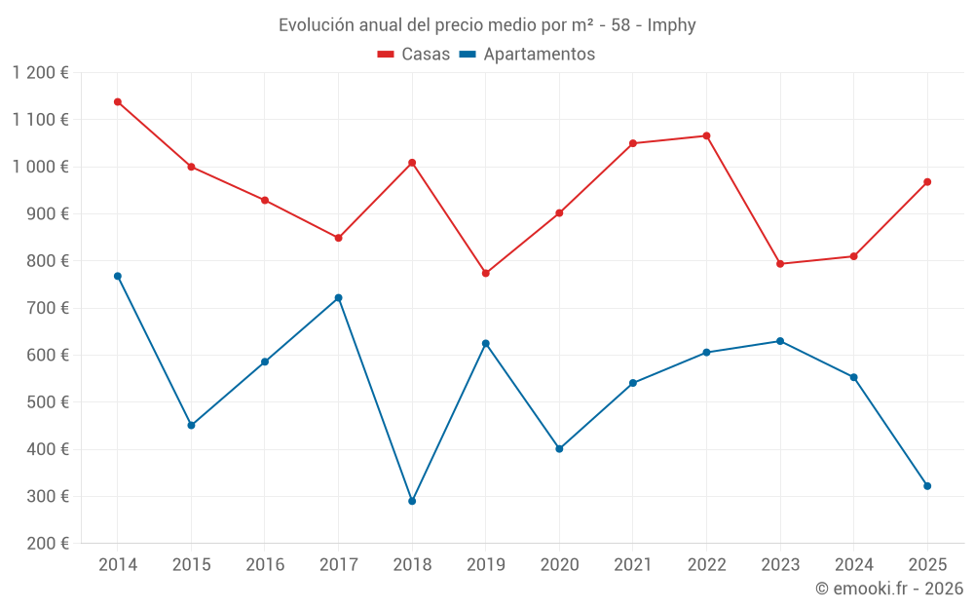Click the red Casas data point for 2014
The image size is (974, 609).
pos(118,101)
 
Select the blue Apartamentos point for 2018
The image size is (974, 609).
pos(412,501)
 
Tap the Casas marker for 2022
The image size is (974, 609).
pos(706,135)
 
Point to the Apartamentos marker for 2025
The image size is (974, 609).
pos(927,485)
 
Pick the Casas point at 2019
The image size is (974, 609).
pos(486,273)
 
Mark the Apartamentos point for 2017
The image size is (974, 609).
pos(339,297)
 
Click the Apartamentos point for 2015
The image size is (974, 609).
pos(191,425)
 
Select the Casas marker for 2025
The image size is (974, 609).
pos(927,181)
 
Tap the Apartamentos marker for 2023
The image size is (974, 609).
pos(780,341)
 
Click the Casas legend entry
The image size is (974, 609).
pos(414,55)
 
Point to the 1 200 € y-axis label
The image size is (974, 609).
pos(41,73)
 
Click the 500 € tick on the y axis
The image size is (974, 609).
pos(48,402)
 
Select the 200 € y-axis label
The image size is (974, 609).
pos(48,544)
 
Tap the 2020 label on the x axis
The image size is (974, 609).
pos(559,565)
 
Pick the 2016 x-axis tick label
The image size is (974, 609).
pos(265,565)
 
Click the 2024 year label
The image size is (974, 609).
pos(853,565)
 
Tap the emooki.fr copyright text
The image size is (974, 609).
pos(889,589)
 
